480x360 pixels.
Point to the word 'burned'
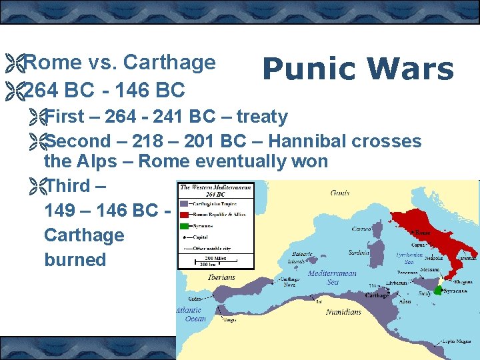coord(75,259)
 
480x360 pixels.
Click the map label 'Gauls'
coord(339,193)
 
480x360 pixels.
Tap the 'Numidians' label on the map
coord(343,311)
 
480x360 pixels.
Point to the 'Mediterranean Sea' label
coord(331,277)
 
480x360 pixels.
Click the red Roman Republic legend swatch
coord(184,213)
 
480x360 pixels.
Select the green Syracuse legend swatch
coord(184,225)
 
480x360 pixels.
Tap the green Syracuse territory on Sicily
coord(439,291)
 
